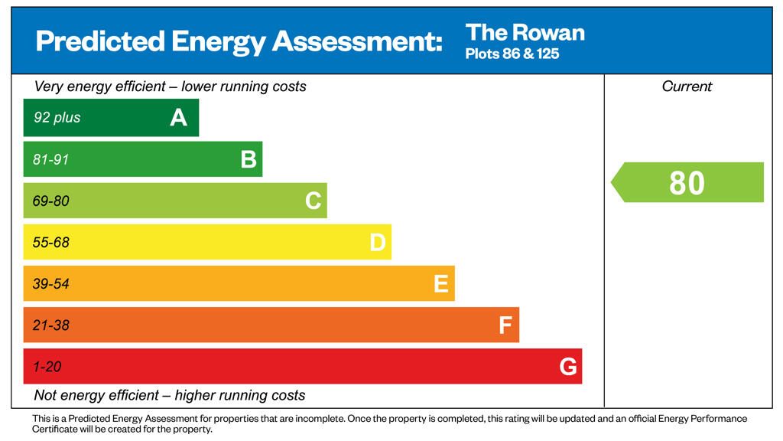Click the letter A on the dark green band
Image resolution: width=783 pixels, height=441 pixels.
[178, 118]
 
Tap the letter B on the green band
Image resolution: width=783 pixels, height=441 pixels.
[249, 159]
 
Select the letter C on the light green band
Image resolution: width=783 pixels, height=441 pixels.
[313, 201]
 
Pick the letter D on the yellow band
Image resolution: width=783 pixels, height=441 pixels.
[378, 243]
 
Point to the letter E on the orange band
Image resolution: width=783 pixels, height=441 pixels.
[441, 284]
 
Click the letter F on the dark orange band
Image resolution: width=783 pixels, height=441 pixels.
[505, 325]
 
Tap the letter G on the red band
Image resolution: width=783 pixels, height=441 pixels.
[568, 367]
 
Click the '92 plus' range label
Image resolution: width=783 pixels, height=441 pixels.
[57, 118]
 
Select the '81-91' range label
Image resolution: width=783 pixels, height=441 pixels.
[50, 159]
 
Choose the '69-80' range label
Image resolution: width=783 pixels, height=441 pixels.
[50, 201]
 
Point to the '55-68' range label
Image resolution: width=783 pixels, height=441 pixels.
[50, 243]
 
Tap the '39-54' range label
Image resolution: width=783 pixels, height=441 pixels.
[50, 284]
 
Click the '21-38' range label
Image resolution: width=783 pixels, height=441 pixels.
[50, 325]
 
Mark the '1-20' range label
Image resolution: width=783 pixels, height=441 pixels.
[47, 367]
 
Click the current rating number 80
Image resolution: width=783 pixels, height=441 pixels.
[687, 183]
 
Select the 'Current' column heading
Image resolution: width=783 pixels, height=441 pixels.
[687, 87]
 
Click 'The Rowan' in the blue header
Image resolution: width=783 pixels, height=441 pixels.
[525, 32]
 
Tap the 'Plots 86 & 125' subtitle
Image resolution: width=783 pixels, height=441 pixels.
[512, 54]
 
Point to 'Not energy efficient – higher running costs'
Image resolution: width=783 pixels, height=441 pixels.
[170, 396]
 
